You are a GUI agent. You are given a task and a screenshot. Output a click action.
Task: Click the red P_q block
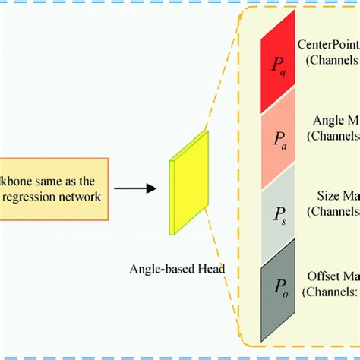click(x=280, y=68)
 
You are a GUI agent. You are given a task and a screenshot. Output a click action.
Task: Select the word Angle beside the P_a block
click(x=325, y=119)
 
